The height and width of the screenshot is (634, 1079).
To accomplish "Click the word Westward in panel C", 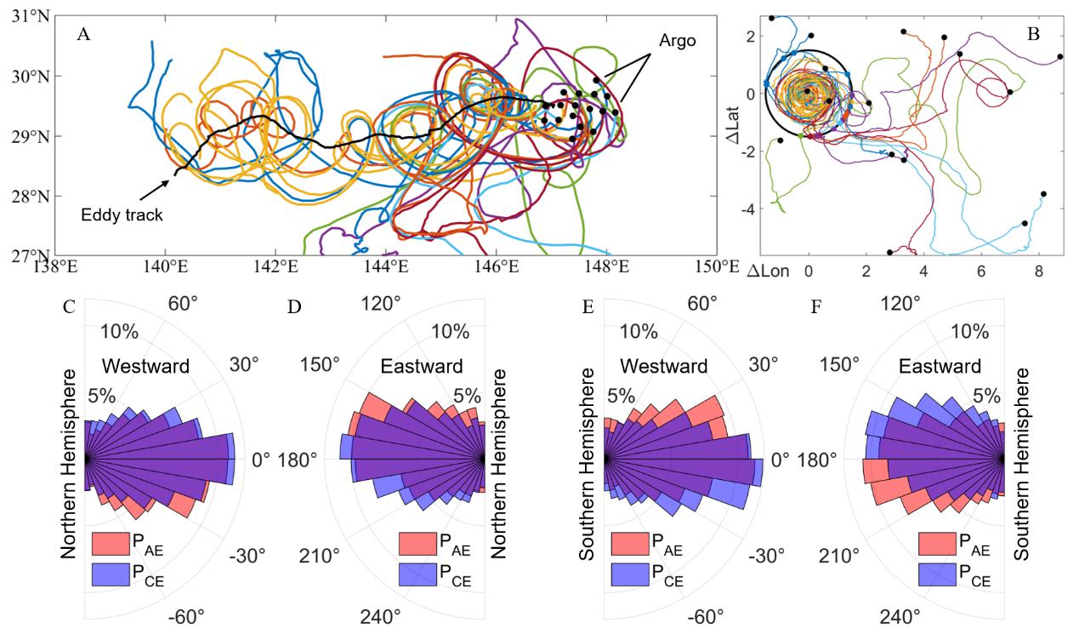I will point(143,366).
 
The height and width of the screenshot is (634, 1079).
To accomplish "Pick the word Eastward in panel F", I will point(940,366).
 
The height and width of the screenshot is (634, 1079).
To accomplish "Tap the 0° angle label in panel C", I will point(261,460).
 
